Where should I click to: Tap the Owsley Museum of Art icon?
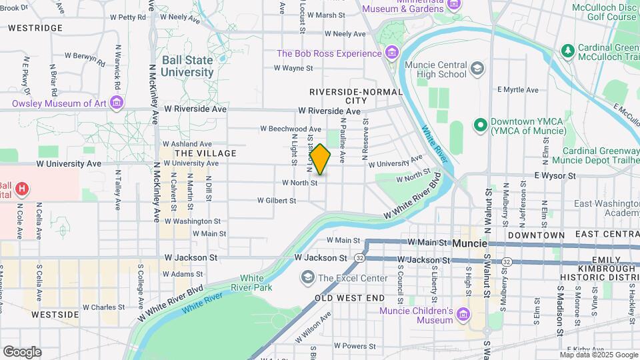click(x=117, y=103)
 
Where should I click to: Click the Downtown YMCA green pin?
click(x=479, y=125)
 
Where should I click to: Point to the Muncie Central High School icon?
click(x=477, y=68)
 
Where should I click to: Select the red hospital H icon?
click(x=23, y=189)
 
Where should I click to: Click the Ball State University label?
click(x=187, y=65)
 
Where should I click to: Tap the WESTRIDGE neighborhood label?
click(x=35, y=28)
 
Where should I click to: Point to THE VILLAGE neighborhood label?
click(x=205, y=153)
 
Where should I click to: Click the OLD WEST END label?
click(x=351, y=297)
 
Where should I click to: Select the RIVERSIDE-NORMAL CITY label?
click(x=356, y=96)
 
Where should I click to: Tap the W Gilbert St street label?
click(x=277, y=200)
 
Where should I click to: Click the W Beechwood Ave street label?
click(x=291, y=129)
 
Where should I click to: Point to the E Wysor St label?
click(x=554, y=175)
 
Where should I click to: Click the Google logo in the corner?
click(x=22, y=352)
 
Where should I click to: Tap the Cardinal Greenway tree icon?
click(x=567, y=50)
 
